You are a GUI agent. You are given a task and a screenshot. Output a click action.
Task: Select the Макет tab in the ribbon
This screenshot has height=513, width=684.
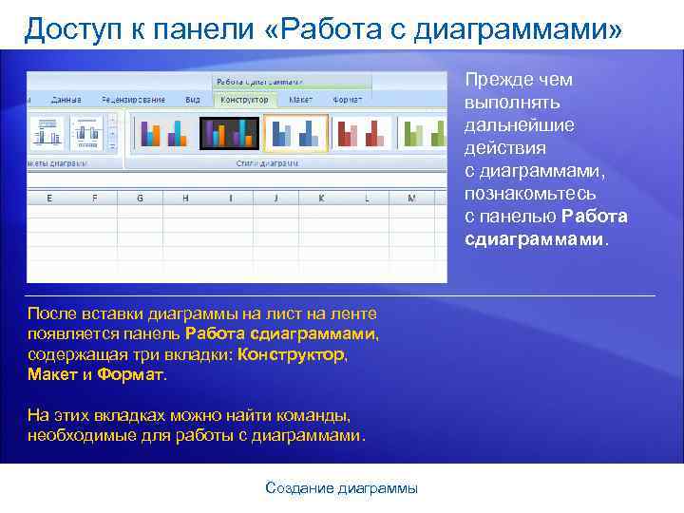click(301, 99)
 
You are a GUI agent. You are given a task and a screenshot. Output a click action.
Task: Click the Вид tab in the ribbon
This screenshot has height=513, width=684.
click(193, 99)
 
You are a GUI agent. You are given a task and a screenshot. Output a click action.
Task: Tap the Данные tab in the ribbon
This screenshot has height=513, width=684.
click(66, 99)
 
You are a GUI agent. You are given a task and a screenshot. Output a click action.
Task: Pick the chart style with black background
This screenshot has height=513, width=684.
click(228, 133)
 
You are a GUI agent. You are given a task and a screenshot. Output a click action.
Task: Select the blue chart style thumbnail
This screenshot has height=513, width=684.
click(294, 133)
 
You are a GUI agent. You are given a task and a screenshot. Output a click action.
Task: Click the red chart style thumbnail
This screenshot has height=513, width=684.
click(359, 133)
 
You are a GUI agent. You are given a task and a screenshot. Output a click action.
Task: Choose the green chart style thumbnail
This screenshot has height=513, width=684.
click(422, 133)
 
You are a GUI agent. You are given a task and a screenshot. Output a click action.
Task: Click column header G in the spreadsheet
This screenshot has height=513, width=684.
click(141, 199)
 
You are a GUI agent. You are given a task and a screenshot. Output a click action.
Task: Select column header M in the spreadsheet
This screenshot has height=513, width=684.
click(411, 199)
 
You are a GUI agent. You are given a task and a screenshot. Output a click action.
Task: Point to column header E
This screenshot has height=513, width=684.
click(49, 199)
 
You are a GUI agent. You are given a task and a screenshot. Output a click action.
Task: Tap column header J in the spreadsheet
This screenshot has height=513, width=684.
click(275, 199)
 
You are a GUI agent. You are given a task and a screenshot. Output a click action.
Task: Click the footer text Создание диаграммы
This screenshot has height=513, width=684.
click(341, 488)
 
